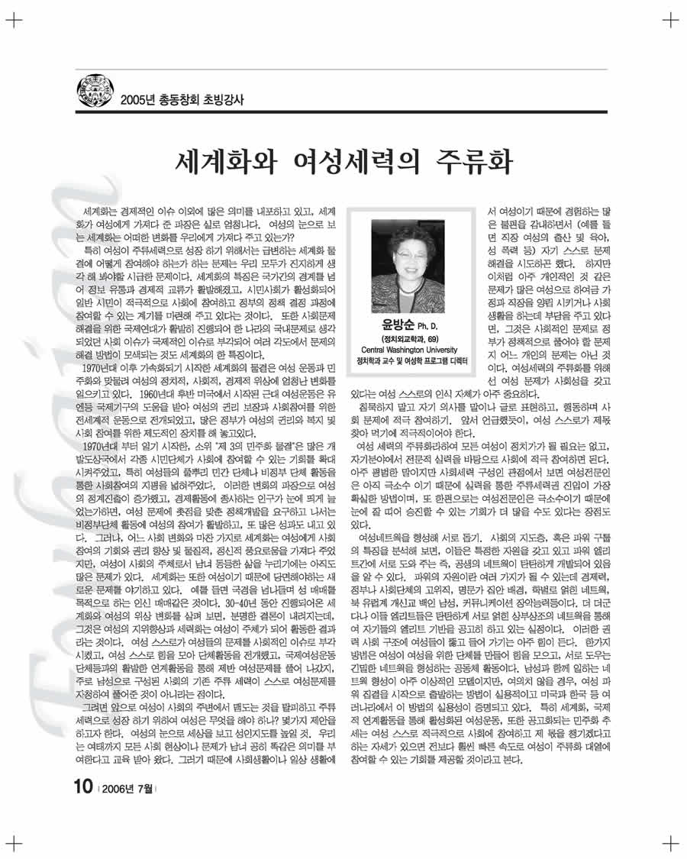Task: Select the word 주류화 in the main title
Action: pos(473,161)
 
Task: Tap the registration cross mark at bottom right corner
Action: pos(670,841)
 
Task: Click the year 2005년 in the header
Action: pos(137,99)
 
